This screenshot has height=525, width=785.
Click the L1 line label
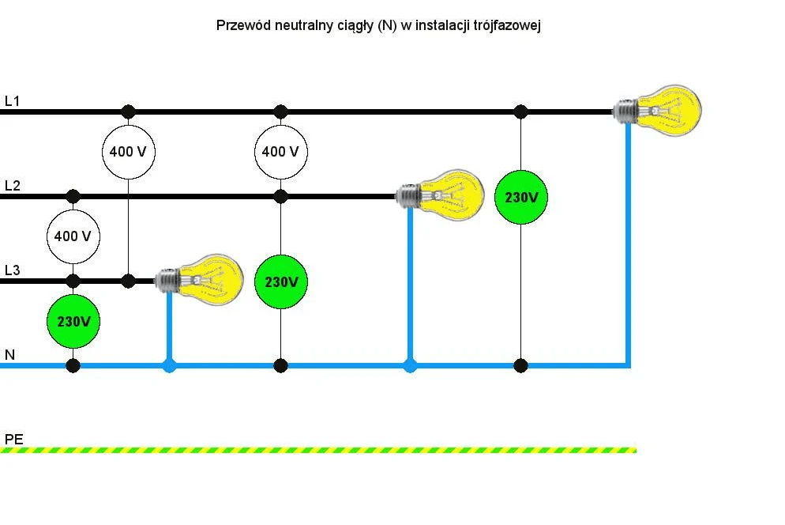click(12, 101)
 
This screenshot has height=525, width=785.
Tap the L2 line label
click(12, 186)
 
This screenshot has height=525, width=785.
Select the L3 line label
click(12, 270)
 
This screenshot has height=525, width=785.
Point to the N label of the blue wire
click(9, 354)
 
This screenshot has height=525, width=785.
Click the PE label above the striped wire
click(13, 438)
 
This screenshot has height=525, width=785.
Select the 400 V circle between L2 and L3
click(73, 236)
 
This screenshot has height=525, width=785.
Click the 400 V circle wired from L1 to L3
click(128, 151)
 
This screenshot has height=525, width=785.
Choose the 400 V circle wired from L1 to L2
click(280, 151)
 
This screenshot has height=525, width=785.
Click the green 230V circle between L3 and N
click(73, 322)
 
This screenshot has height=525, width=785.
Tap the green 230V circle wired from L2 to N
click(280, 282)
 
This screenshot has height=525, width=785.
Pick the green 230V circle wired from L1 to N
click(520, 198)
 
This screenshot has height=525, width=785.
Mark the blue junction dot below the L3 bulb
click(169, 365)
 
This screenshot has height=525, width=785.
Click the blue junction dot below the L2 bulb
click(409, 365)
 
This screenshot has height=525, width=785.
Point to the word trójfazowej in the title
click(509, 25)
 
